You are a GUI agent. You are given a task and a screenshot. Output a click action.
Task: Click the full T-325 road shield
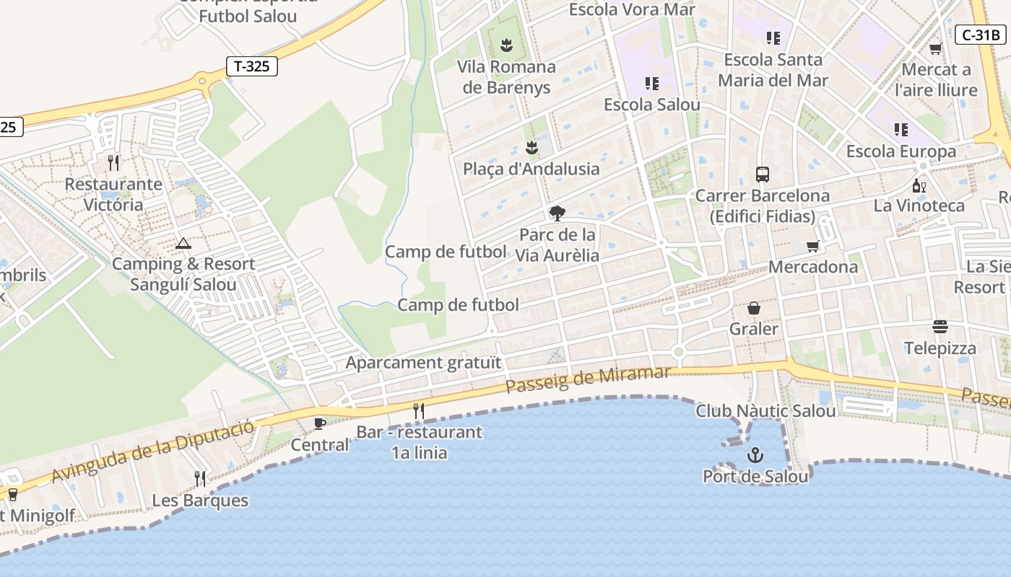251,66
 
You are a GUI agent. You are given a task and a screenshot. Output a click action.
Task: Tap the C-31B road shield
981,35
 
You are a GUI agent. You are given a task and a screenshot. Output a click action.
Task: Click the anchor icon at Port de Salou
755,455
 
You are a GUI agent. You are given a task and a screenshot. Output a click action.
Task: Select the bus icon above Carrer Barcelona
763,174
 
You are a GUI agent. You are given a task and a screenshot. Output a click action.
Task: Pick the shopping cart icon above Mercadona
813,246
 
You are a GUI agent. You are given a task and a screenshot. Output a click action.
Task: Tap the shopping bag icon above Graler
754,308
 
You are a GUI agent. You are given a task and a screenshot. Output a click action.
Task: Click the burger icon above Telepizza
940,327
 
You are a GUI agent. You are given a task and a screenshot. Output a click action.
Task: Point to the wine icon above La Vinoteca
919,185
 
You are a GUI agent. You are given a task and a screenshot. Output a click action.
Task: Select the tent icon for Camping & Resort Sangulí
183,244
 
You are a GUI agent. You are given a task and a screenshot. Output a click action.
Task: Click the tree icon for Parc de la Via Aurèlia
557,213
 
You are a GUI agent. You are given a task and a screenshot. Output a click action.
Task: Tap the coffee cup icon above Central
320,423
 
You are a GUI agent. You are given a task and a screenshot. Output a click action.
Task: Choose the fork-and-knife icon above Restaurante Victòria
113,163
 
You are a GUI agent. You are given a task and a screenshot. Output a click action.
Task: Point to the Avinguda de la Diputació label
153,451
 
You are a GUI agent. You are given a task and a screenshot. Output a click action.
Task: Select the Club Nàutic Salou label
765,411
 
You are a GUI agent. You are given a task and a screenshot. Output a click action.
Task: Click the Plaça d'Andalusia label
531,169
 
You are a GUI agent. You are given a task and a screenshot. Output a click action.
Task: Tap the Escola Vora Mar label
632,9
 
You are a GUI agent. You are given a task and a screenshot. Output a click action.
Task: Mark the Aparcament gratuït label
423,362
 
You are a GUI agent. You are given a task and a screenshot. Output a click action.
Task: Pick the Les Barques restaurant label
200,501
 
